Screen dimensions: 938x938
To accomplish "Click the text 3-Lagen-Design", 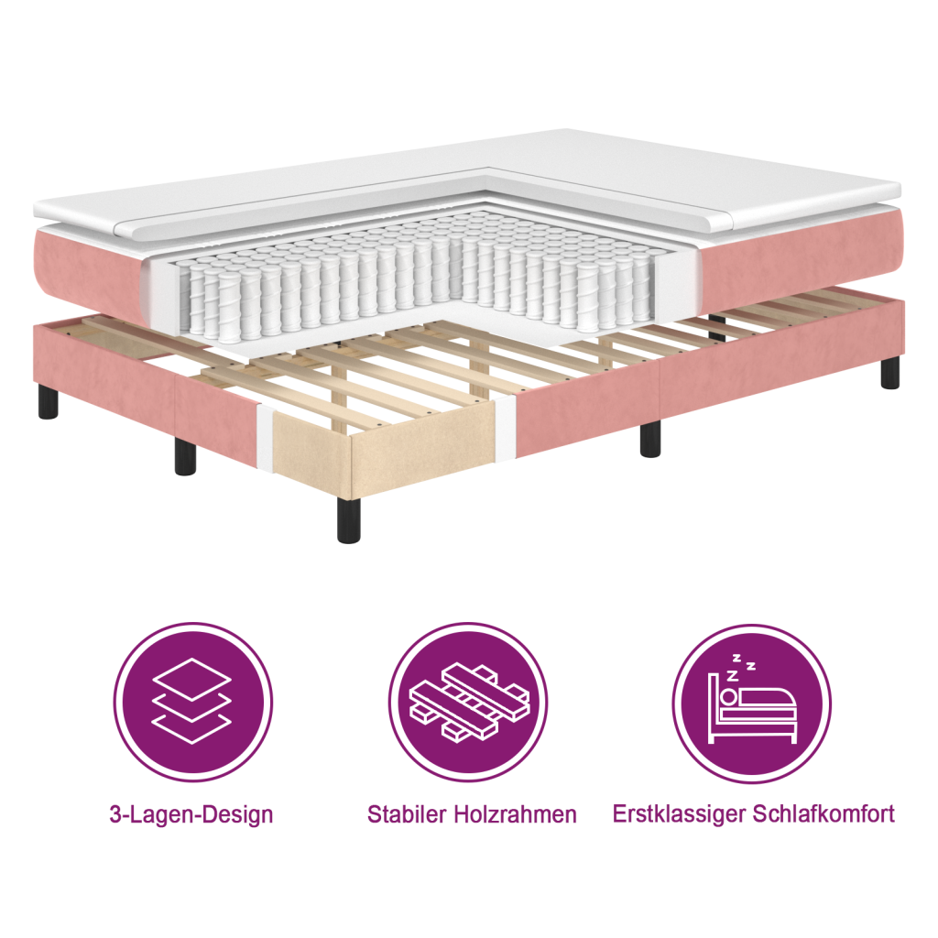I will (191, 814).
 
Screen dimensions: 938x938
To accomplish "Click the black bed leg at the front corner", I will (348, 520).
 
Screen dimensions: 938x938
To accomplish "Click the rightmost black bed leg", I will (889, 372).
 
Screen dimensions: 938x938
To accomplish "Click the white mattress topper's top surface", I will (641, 174).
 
